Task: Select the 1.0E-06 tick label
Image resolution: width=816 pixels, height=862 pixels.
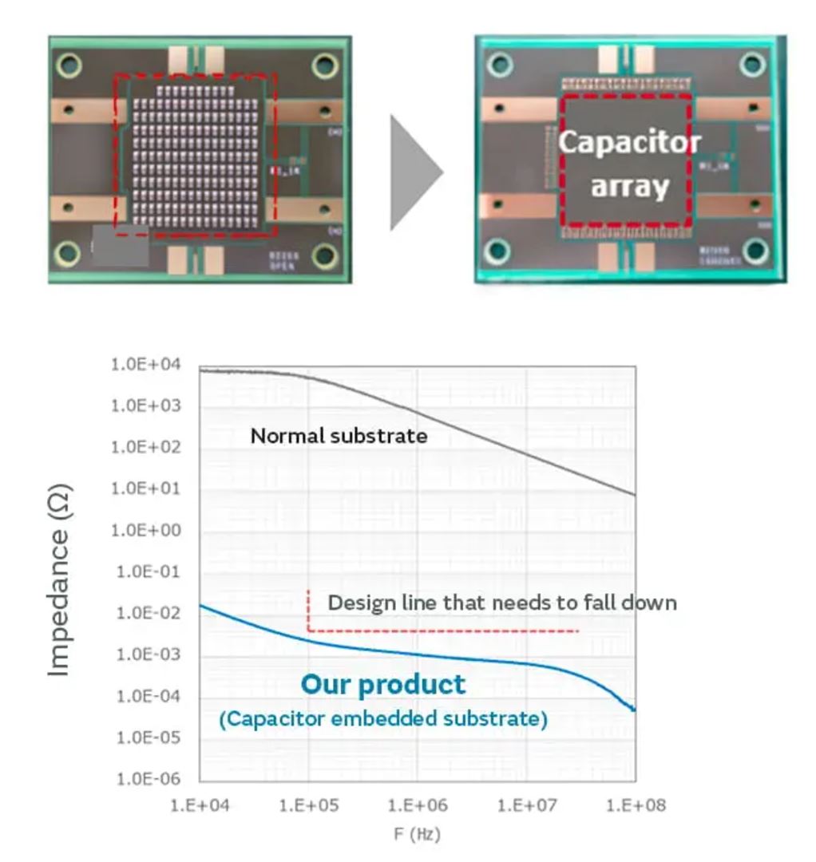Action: pyautogui.click(x=149, y=779)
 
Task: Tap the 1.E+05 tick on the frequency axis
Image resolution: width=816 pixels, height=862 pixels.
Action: pyautogui.click(x=308, y=805)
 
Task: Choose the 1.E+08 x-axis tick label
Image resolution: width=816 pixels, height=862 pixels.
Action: pyautogui.click(x=635, y=805)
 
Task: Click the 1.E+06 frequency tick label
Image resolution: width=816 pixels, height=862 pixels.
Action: pyautogui.click(x=417, y=805)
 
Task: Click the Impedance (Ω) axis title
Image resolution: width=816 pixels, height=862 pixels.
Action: pyautogui.click(x=60, y=580)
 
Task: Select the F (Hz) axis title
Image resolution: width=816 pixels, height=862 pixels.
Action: pyautogui.click(x=417, y=835)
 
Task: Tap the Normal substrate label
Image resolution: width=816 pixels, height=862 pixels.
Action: pyautogui.click(x=339, y=436)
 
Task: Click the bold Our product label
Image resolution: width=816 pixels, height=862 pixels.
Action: pyautogui.click(x=382, y=684)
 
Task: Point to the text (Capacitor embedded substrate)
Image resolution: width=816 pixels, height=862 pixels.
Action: pyautogui.click(x=383, y=719)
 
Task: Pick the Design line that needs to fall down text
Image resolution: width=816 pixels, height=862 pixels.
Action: pyautogui.click(x=501, y=603)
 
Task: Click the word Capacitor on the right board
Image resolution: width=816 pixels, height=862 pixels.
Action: pyautogui.click(x=629, y=143)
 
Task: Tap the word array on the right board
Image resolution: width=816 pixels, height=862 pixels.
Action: pyautogui.click(x=629, y=188)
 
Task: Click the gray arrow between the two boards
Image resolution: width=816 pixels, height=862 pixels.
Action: pyautogui.click(x=414, y=172)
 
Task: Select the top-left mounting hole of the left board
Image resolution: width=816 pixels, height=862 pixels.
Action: pyautogui.click(x=69, y=63)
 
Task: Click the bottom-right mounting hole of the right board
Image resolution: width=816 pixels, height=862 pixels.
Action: pyautogui.click(x=755, y=251)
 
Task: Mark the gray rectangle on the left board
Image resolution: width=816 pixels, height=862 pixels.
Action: pyautogui.click(x=121, y=245)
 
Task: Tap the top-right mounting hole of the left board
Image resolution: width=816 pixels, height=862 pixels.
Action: pyautogui.click(x=325, y=65)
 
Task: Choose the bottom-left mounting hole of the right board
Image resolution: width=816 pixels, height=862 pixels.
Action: pyautogui.click(x=497, y=251)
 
